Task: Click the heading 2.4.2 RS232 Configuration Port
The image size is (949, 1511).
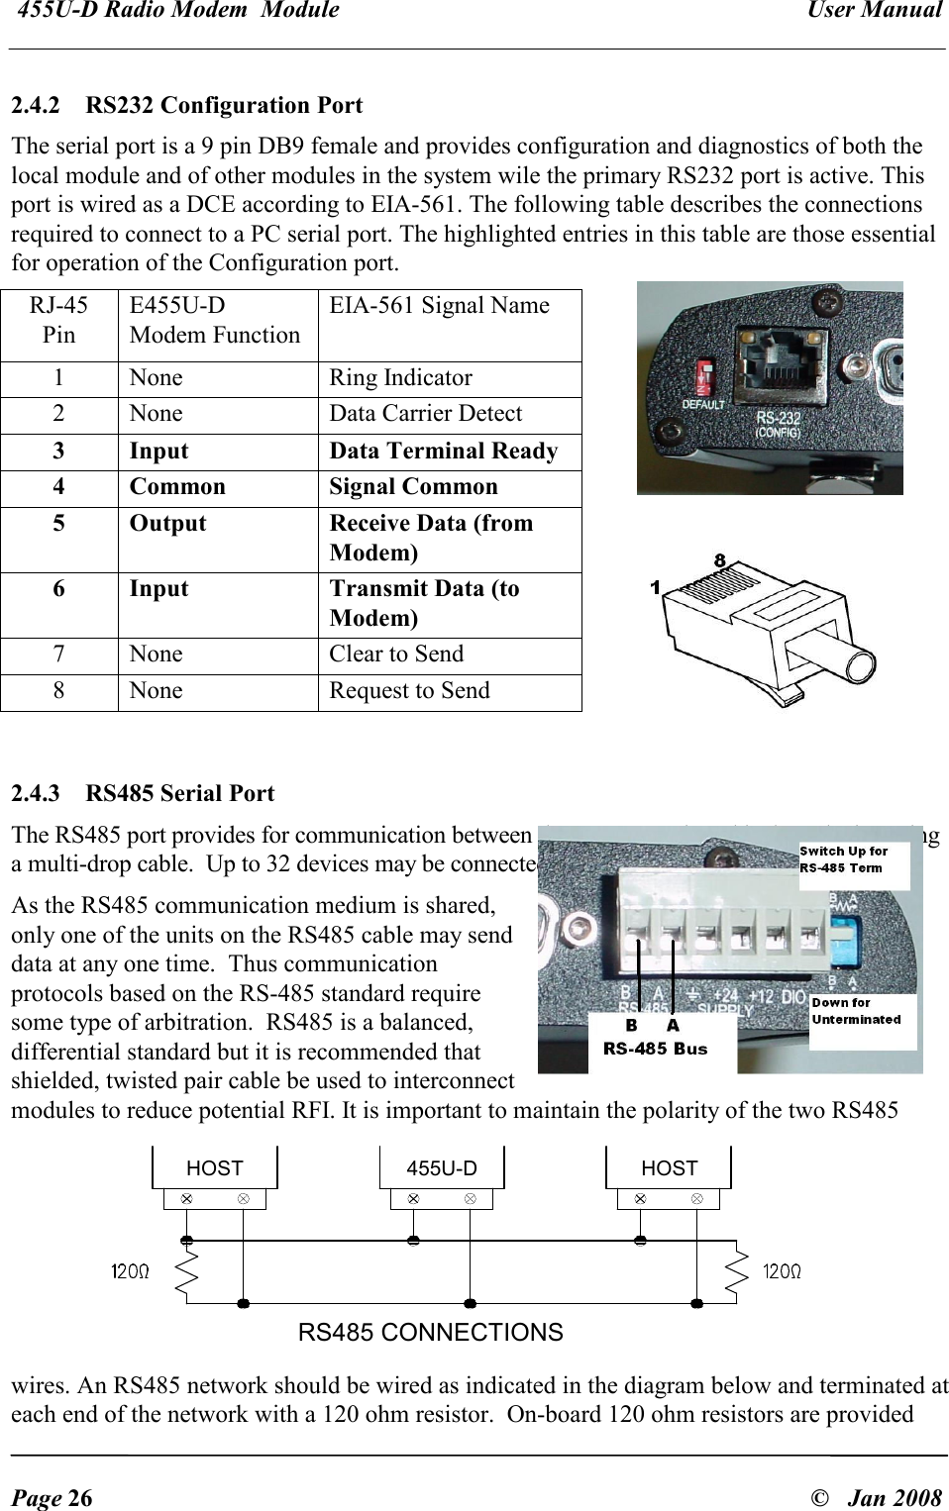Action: click(x=186, y=105)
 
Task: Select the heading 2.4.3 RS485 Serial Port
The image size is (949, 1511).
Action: click(x=143, y=793)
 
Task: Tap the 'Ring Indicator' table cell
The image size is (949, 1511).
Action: click(x=400, y=378)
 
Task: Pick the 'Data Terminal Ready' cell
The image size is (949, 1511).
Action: click(x=443, y=452)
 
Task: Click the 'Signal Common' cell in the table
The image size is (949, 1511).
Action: click(x=413, y=487)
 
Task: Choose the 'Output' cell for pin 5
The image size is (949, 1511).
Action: click(x=167, y=524)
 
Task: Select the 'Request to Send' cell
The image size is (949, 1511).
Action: click(x=409, y=691)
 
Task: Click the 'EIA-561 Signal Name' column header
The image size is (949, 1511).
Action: click(x=439, y=306)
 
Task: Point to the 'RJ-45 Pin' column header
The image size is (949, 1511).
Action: click(x=58, y=320)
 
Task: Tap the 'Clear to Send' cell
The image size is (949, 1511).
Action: click(x=396, y=655)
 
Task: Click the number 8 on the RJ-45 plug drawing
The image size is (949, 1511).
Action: click(x=720, y=560)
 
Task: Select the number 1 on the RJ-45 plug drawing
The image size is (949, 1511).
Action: click(x=655, y=588)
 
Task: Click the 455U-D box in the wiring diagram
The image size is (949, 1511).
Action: click(x=442, y=1168)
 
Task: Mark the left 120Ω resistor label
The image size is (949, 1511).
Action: click(x=130, y=1271)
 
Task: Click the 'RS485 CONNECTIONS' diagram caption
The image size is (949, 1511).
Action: click(x=430, y=1333)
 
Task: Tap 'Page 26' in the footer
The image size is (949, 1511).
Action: click(x=52, y=1497)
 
